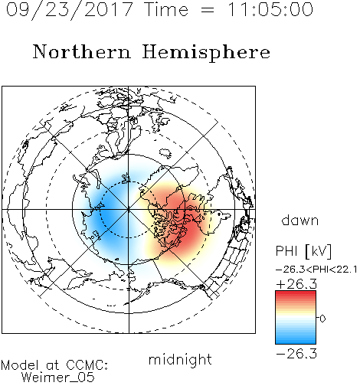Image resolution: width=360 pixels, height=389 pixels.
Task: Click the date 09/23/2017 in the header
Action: tap(69, 10)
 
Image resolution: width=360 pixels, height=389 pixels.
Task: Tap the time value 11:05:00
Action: tap(270, 9)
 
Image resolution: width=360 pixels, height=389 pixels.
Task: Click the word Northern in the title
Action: tap(82, 52)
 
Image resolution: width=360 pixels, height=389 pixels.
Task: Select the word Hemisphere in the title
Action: tap(206, 53)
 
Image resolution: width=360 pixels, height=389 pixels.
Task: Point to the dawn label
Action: tap(300, 220)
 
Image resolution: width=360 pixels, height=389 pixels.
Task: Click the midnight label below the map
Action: tap(180, 360)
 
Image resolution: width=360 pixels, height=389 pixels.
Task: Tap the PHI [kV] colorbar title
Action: tap(303, 251)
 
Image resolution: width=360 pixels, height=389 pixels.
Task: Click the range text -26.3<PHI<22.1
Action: tap(316, 270)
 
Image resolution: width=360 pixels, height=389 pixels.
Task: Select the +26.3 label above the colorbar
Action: tap(296, 284)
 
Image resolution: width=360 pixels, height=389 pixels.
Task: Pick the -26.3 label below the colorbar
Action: tap(296, 354)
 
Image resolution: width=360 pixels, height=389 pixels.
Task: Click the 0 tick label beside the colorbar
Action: tap(322, 319)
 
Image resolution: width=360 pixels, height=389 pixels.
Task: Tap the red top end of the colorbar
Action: tap(296, 293)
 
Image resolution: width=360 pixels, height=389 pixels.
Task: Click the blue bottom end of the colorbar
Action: tap(296, 342)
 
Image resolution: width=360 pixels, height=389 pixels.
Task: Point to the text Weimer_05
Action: tap(58, 378)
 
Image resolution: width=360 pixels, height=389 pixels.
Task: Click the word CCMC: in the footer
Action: tap(87, 365)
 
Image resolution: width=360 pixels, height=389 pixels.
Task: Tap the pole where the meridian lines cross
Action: tap(129, 209)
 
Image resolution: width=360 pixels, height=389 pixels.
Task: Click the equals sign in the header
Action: tap(208, 10)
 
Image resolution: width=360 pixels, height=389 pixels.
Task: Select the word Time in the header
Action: tap(166, 9)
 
